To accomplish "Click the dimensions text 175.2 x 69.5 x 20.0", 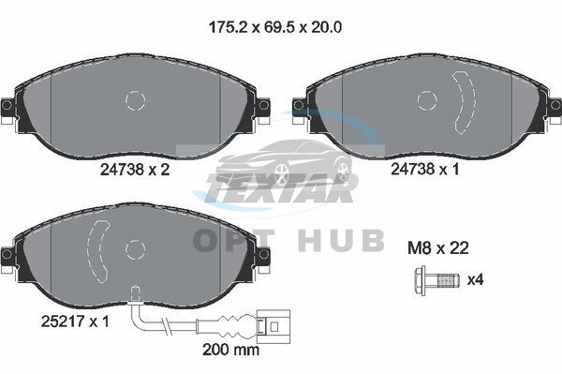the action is click(x=274, y=27).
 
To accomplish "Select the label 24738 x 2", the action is click(x=135, y=170).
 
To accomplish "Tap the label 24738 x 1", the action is click(x=424, y=169).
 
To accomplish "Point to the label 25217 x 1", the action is click(x=75, y=322).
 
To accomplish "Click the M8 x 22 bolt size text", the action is click(x=438, y=247).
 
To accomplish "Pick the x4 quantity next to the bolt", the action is click(x=475, y=279).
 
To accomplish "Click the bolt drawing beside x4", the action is click(x=436, y=280).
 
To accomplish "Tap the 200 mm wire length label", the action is click(x=230, y=349).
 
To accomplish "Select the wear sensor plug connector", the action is click(x=274, y=327).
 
